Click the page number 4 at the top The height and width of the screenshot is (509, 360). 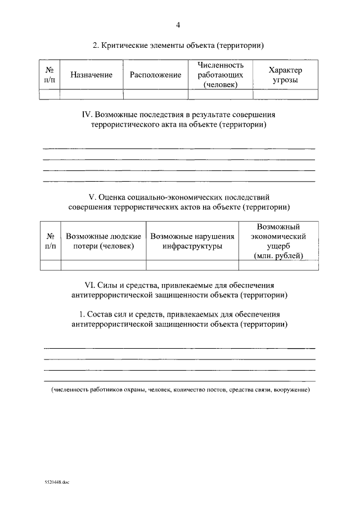[x=178, y=25]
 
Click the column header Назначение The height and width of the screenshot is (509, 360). [x=91, y=75]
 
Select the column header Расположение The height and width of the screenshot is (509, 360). [x=155, y=75]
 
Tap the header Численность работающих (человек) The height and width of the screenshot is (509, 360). [x=220, y=75]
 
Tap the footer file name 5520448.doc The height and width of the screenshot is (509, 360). [x=56, y=482]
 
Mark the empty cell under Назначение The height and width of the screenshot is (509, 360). [x=91, y=94]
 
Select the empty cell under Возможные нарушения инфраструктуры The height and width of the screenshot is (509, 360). [x=192, y=265]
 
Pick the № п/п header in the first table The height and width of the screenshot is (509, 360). [x=49, y=75]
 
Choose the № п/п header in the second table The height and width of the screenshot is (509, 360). [x=51, y=241]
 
